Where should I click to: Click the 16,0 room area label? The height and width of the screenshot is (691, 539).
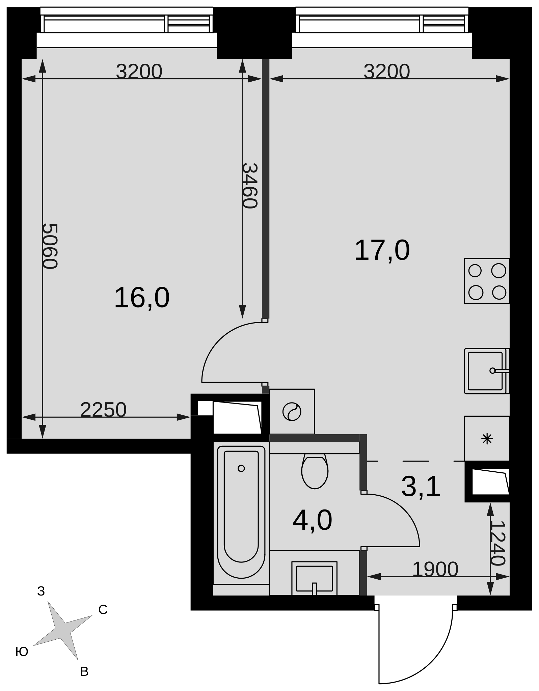tap(142, 298)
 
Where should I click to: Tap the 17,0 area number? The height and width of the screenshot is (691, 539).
tap(382, 250)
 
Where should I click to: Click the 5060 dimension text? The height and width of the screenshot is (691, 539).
tap(50, 246)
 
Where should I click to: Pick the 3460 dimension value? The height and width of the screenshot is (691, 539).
tap(250, 186)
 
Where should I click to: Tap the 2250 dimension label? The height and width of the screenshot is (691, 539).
tap(103, 410)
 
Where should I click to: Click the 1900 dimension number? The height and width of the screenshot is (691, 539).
tap(435, 569)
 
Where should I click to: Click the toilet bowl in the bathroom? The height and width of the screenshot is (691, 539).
tap(315, 471)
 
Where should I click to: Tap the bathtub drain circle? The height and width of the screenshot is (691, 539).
tap(241, 468)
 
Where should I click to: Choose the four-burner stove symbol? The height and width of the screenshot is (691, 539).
tap(487, 281)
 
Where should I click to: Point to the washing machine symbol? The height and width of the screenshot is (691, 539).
tap(292, 412)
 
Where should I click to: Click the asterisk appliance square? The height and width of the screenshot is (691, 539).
tap(487, 439)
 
